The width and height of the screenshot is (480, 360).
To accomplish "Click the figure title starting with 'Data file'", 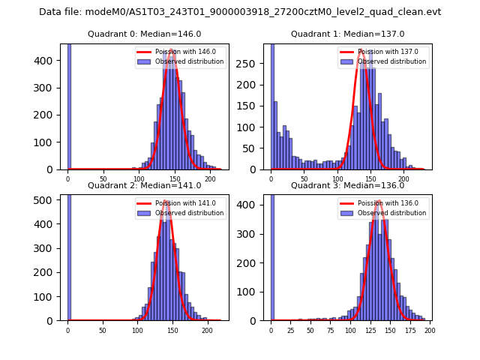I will coord(240,12).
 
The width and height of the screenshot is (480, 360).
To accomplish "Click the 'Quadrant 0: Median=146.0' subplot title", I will coord(145,34).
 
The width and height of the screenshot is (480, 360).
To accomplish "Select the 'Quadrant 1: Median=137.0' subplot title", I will coord(347,34).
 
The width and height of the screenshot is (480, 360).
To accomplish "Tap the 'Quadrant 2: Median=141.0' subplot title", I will coord(145,185).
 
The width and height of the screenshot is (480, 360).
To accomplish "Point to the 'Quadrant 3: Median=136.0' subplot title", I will coord(347,185).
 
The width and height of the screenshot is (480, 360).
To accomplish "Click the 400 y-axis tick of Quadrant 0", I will coord(46,61).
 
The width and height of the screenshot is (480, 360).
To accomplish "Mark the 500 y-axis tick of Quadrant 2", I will coord(46,199).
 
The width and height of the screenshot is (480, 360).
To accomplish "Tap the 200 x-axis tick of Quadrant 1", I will coord(403,178).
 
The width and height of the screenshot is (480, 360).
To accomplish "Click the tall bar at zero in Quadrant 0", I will coord(68,105).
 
